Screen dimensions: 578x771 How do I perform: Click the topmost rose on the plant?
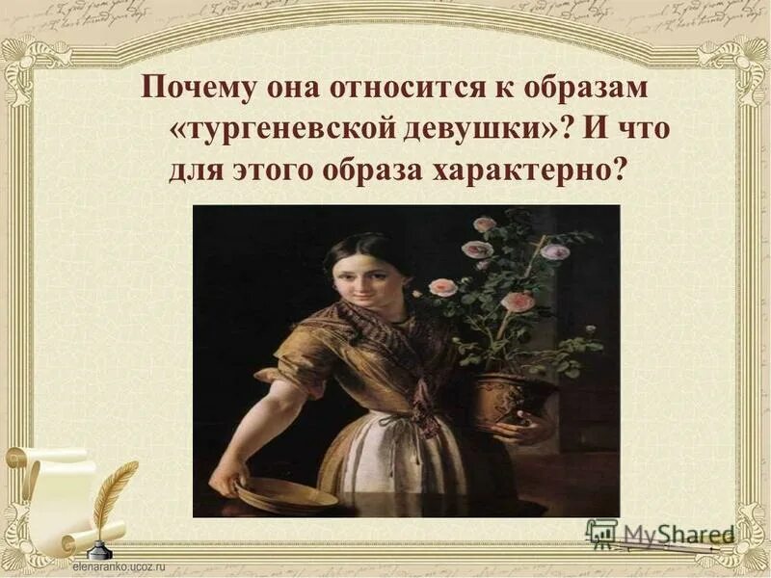point(485,224)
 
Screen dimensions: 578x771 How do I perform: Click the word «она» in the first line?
point(273,93)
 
